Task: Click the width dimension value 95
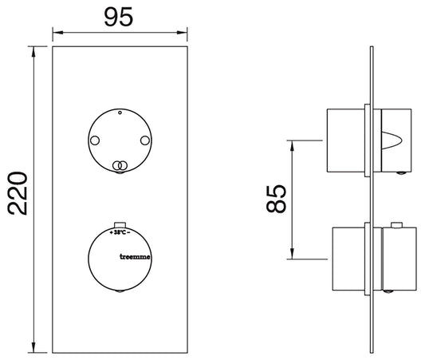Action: [119, 18]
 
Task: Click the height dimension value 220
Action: [18, 193]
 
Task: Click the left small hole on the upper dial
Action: [95, 141]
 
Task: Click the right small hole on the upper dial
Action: [144, 141]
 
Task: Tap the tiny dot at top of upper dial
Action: [120, 114]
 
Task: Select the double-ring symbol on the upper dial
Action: [120, 165]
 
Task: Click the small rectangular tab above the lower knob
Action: [120, 224]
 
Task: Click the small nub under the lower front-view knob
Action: [120, 294]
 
